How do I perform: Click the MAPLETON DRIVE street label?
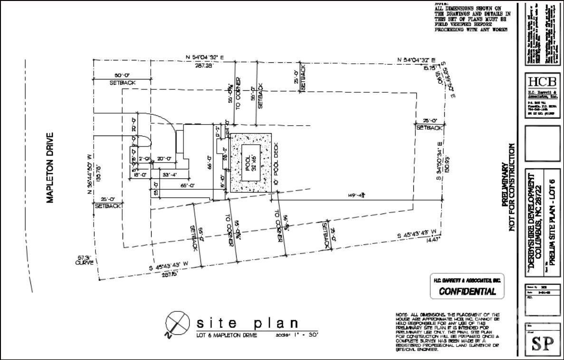(49, 167)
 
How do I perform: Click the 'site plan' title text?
(248, 324)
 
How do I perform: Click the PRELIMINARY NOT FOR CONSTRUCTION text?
(509, 188)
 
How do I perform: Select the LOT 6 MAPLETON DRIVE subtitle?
(227, 335)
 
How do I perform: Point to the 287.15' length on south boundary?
(169, 274)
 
